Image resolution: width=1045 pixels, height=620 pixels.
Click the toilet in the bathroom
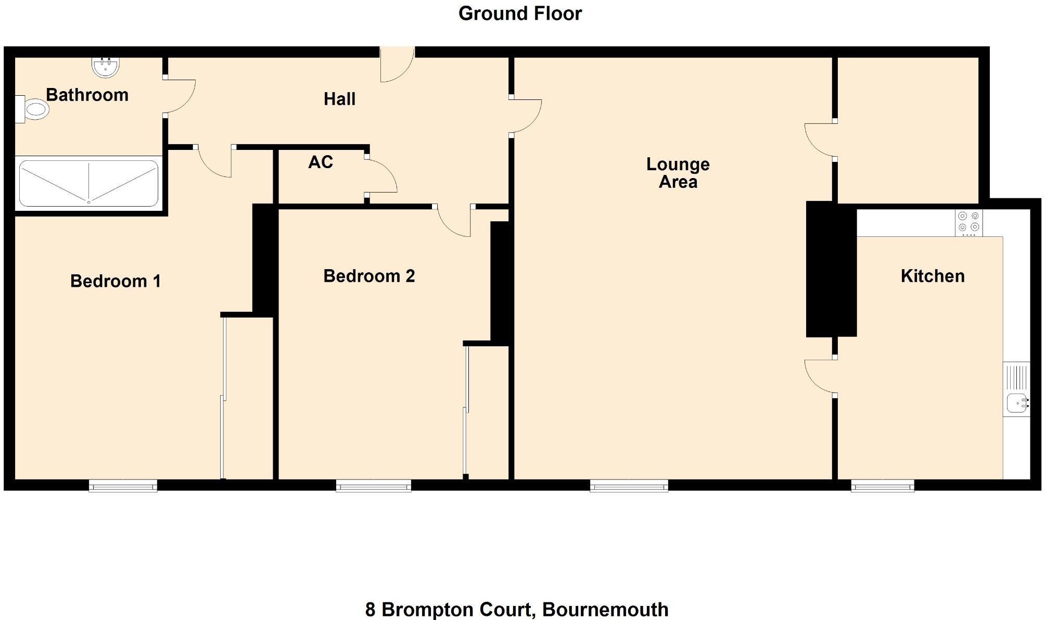(32, 109)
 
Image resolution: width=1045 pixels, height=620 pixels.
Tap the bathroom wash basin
(106, 67)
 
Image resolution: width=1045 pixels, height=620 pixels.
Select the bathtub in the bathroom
(88, 183)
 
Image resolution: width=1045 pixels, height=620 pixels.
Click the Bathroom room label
(87, 95)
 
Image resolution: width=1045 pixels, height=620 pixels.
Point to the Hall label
(339, 99)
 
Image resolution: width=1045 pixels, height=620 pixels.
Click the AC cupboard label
(320, 162)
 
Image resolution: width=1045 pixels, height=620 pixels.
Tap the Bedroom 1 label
(115, 281)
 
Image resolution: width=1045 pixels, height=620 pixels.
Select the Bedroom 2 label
(369, 276)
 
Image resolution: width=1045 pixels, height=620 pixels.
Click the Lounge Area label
(678, 173)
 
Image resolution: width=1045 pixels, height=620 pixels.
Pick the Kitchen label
(932, 276)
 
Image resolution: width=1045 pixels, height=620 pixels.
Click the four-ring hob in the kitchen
(968, 222)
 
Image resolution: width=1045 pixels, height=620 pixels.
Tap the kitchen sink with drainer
(1016, 389)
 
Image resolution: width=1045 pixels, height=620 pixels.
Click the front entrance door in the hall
(397, 65)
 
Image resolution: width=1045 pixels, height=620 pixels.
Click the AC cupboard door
(381, 176)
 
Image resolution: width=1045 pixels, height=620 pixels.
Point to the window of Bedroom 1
(123, 486)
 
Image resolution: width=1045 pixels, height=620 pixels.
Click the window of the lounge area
(629, 486)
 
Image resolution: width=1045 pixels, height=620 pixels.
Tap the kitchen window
(882, 486)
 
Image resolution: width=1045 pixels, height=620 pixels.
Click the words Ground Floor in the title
(520, 14)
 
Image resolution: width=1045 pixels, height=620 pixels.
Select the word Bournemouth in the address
(605, 609)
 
